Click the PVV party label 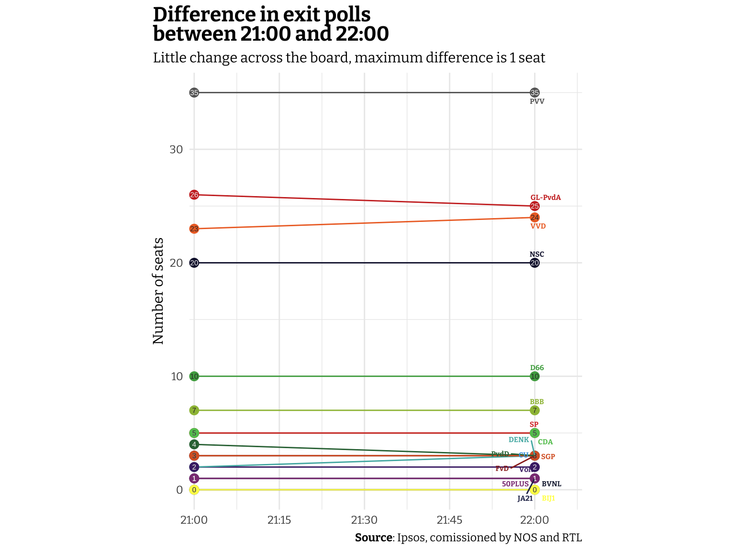click(537, 101)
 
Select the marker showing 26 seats click(194, 195)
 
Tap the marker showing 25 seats click(535, 206)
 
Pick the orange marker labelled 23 click(194, 229)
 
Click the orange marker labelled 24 click(535, 218)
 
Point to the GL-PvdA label click(546, 198)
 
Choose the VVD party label click(538, 226)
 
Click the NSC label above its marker click(537, 254)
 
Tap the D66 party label click(537, 368)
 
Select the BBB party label click(537, 402)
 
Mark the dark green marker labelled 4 click(194, 445)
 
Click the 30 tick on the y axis click(176, 149)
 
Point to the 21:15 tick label click(279, 520)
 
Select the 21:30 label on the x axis click(364, 520)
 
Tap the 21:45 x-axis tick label click(449, 520)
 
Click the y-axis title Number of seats click(158, 291)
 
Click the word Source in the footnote click(373, 538)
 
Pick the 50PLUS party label click(515, 484)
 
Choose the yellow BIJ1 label click(548, 498)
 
